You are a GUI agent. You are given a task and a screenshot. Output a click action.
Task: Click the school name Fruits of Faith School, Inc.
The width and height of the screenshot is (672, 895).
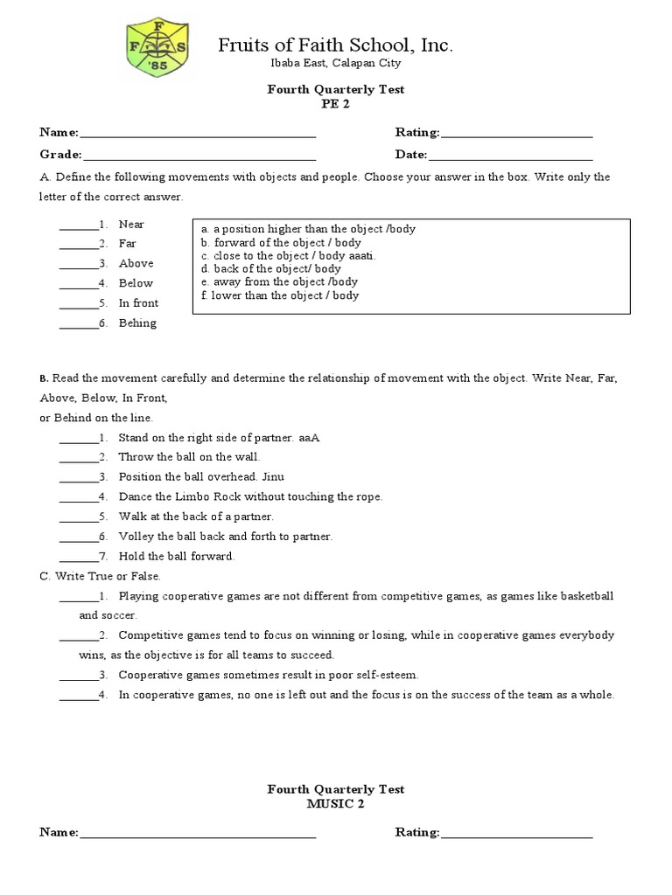click(335, 46)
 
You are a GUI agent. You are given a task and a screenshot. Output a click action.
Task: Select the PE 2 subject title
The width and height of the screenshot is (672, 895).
click(335, 103)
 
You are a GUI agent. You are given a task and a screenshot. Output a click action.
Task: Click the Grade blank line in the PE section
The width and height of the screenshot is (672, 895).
click(199, 155)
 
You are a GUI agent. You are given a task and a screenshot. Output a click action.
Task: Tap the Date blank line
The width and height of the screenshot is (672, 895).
click(510, 155)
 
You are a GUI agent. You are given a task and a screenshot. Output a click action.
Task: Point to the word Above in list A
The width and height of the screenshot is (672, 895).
click(136, 263)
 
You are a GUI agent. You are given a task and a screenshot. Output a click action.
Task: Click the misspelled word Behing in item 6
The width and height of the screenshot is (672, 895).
click(137, 323)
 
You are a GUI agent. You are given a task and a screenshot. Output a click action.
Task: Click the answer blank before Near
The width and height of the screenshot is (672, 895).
click(77, 225)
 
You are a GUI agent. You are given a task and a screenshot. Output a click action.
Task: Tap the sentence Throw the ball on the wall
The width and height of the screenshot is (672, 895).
click(189, 457)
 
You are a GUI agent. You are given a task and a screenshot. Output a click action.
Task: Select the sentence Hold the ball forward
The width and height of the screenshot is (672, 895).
click(177, 556)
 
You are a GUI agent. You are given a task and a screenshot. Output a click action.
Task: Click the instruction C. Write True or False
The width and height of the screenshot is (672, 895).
click(101, 576)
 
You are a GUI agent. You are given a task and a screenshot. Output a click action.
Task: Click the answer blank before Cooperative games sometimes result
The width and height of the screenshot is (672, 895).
click(77, 676)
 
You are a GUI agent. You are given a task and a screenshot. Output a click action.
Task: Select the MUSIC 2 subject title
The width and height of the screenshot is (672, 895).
click(335, 804)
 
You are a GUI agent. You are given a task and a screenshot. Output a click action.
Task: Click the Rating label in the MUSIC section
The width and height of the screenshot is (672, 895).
click(416, 833)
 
